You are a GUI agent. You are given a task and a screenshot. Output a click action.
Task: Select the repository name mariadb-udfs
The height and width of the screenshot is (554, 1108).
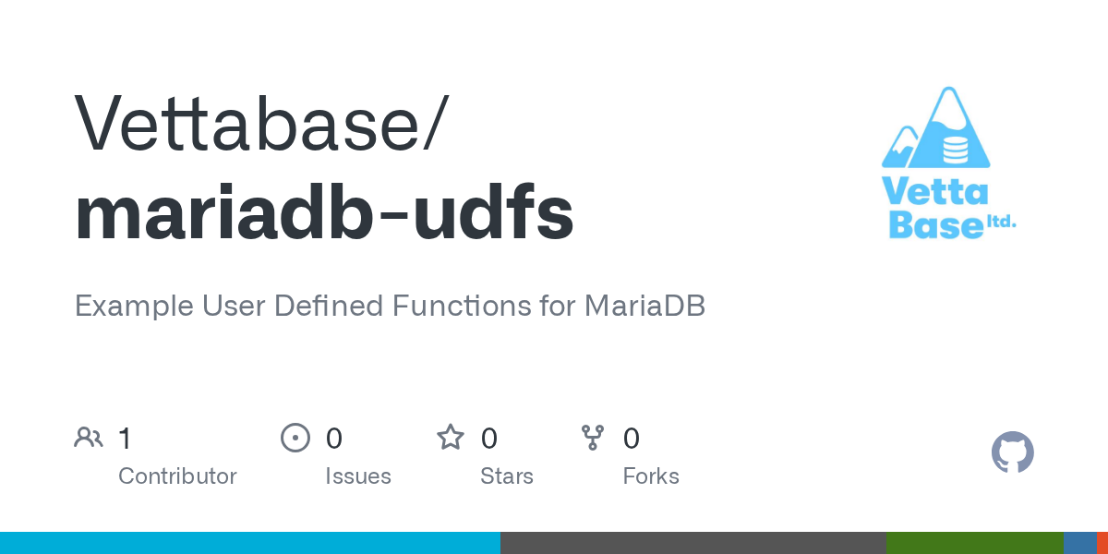click(324, 211)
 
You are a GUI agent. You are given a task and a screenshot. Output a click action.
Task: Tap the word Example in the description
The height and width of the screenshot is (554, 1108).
click(134, 307)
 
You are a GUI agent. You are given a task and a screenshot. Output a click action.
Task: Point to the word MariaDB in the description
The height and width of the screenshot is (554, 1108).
click(644, 306)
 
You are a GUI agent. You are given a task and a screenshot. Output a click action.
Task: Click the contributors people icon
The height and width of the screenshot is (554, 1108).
click(89, 438)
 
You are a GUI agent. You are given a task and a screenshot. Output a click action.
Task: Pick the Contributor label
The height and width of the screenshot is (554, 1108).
click(177, 476)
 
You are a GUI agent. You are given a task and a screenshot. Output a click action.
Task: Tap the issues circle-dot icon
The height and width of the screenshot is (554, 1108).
click(295, 438)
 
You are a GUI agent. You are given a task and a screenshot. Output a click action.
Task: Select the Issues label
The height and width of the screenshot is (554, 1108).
click(358, 476)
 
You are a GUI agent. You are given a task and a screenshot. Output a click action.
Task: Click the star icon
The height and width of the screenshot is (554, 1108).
click(451, 438)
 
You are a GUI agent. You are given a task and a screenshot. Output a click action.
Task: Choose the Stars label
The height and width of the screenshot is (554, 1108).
click(507, 476)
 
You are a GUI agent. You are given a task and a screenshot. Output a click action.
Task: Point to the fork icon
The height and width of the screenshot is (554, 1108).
click(593, 438)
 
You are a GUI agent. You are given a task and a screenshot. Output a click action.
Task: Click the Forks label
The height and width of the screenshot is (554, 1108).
click(651, 476)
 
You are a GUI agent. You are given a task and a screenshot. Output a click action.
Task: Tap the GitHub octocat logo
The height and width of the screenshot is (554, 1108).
click(1013, 452)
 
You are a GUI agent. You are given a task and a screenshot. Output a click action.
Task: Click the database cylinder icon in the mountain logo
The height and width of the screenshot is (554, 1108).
click(955, 151)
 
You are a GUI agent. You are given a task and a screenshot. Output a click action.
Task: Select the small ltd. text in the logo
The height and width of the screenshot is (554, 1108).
click(1002, 222)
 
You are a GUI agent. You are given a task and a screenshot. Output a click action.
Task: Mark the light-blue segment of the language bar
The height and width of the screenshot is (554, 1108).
click(250, 543)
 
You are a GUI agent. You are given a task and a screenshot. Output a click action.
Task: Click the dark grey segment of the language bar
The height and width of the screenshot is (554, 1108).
click(693, 543)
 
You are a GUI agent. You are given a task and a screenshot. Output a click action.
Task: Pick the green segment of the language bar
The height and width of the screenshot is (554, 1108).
click(975, 543)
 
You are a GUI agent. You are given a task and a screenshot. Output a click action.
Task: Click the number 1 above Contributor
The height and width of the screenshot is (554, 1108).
click(125, 439)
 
